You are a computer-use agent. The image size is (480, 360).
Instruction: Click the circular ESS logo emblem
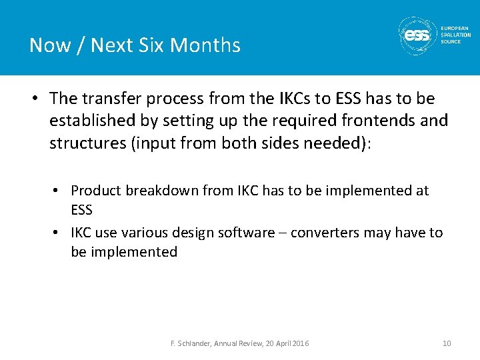(x=417, y=35)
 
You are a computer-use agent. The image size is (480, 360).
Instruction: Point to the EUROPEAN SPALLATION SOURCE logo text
(x=455, y=35)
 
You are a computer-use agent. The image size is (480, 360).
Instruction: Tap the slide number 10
(x=446, y=343)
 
